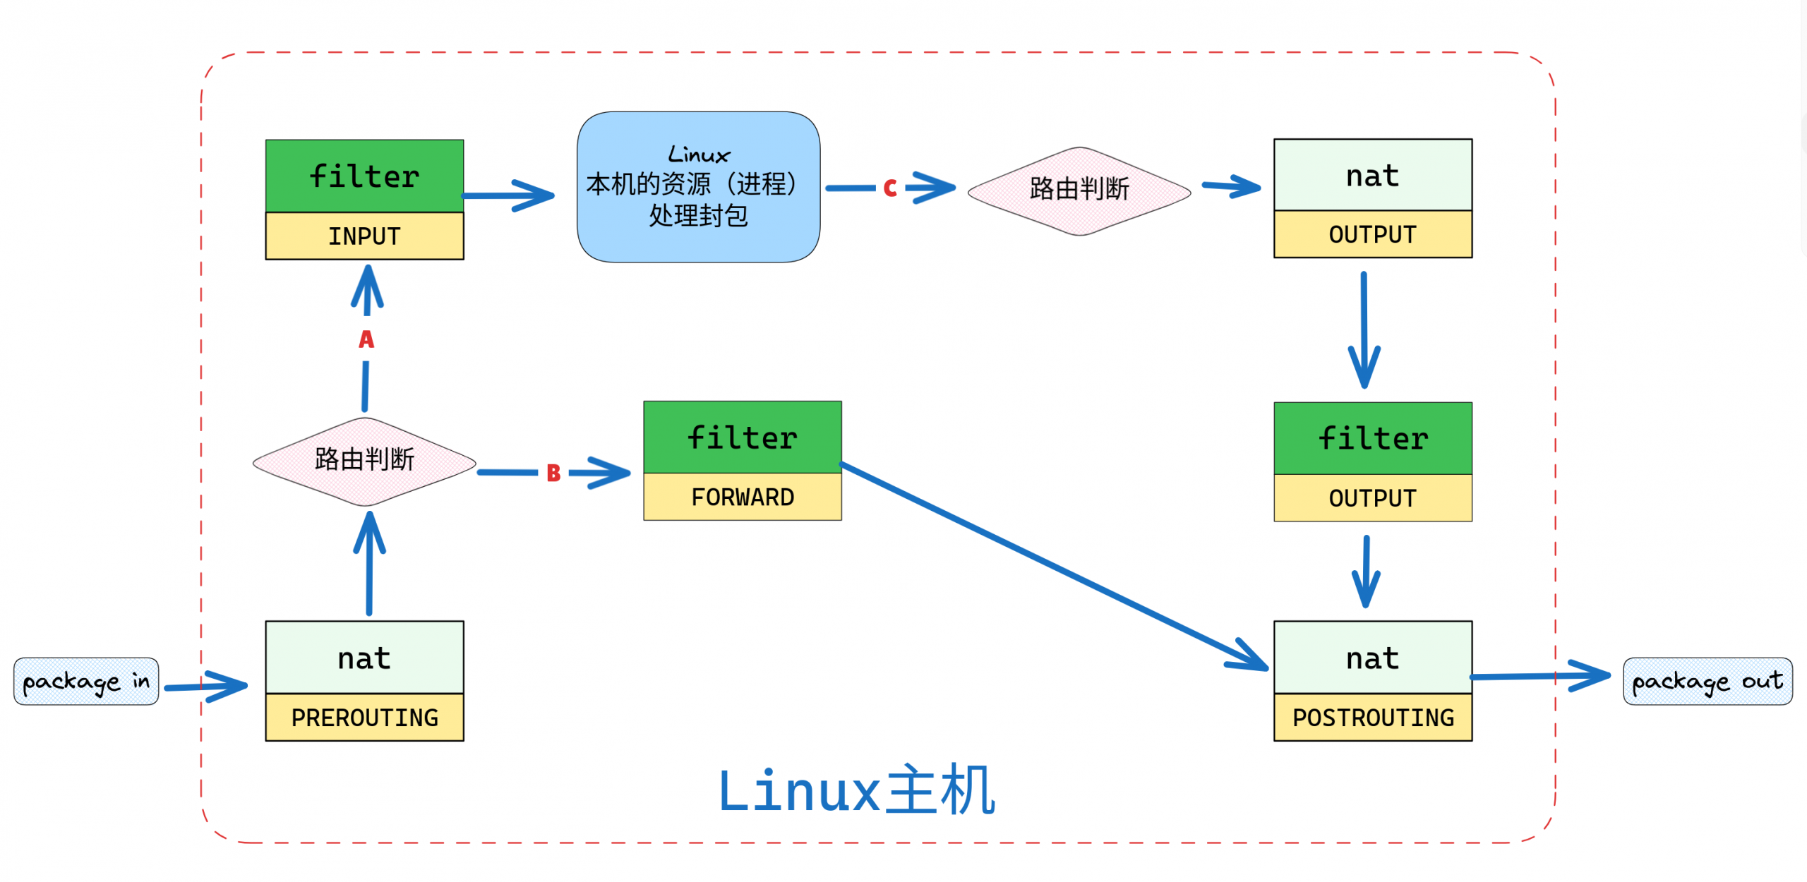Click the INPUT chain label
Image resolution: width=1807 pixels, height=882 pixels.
364,236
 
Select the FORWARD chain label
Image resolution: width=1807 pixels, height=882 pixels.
743,497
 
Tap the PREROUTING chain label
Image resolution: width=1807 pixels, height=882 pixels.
364,718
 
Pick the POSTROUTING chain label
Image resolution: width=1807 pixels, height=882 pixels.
1373,718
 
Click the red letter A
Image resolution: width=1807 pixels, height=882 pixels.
366,339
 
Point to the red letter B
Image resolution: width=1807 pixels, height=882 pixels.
553,473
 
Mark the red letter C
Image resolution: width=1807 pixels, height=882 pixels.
890,188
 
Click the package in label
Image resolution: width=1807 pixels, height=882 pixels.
86,682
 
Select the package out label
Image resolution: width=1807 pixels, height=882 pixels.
1707,682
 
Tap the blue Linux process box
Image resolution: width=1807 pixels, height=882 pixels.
699,187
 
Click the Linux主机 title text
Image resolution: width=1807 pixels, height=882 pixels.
856,790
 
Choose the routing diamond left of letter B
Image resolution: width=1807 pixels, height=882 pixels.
364,461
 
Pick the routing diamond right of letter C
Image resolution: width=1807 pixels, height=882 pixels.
1079,191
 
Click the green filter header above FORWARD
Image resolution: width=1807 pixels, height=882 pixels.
743,437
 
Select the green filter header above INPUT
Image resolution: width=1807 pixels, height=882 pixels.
364,176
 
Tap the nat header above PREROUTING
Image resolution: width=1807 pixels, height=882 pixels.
364,658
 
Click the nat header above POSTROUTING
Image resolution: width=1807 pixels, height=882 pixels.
1373,658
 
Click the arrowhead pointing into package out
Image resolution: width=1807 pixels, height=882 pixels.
1592,675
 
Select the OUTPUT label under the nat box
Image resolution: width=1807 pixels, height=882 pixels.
1373,234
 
